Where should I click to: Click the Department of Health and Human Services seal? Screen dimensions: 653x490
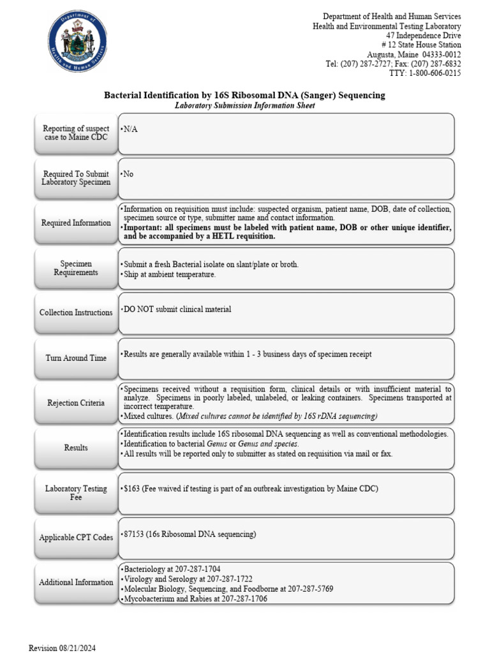coord(77,43)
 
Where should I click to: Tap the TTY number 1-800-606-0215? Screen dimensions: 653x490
coord(434,73)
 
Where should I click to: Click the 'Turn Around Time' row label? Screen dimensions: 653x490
coord(76,358)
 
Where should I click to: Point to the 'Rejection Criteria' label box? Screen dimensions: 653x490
coord(76,403)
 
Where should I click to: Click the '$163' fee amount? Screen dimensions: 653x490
coord(134,489)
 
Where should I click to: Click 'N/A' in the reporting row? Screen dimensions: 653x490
coord(130,129)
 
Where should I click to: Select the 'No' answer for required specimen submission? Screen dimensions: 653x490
coord(128,174)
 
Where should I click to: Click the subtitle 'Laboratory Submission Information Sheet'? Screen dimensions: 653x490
coord(244,106)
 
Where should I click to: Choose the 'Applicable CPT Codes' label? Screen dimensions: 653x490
coord(76,538)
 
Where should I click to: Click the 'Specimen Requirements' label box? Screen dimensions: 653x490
coord(76,268)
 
